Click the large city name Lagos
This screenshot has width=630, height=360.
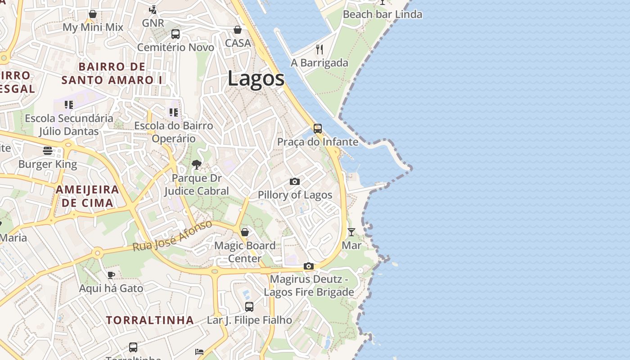(256, 79)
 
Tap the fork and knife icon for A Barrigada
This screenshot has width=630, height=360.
(319, 49)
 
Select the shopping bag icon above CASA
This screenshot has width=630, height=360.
(237, 30)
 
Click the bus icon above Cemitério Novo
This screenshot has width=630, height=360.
(175, 34)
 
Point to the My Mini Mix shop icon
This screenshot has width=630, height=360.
(93, 14)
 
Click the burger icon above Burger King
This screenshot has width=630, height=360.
(48, 150)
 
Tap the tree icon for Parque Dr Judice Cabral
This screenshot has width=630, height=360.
(196, 165)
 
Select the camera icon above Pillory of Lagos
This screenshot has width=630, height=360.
(295, 181)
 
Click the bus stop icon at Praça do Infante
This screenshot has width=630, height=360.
(318, 129)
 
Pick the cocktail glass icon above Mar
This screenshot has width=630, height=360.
(351, 232)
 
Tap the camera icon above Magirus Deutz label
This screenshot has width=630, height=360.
(308, 266)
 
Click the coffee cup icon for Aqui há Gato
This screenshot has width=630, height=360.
(111, 274)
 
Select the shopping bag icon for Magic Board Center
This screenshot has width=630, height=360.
(245, 232)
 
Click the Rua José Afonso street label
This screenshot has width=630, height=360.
(172, 236)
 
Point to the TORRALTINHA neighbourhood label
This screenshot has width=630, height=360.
(150, 320)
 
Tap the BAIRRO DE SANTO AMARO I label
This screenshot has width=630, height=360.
(112, 73)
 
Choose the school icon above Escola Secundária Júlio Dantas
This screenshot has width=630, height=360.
(69, 105)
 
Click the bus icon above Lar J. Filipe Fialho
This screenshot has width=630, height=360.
(249, 307)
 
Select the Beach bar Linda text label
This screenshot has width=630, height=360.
(382, 14)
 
